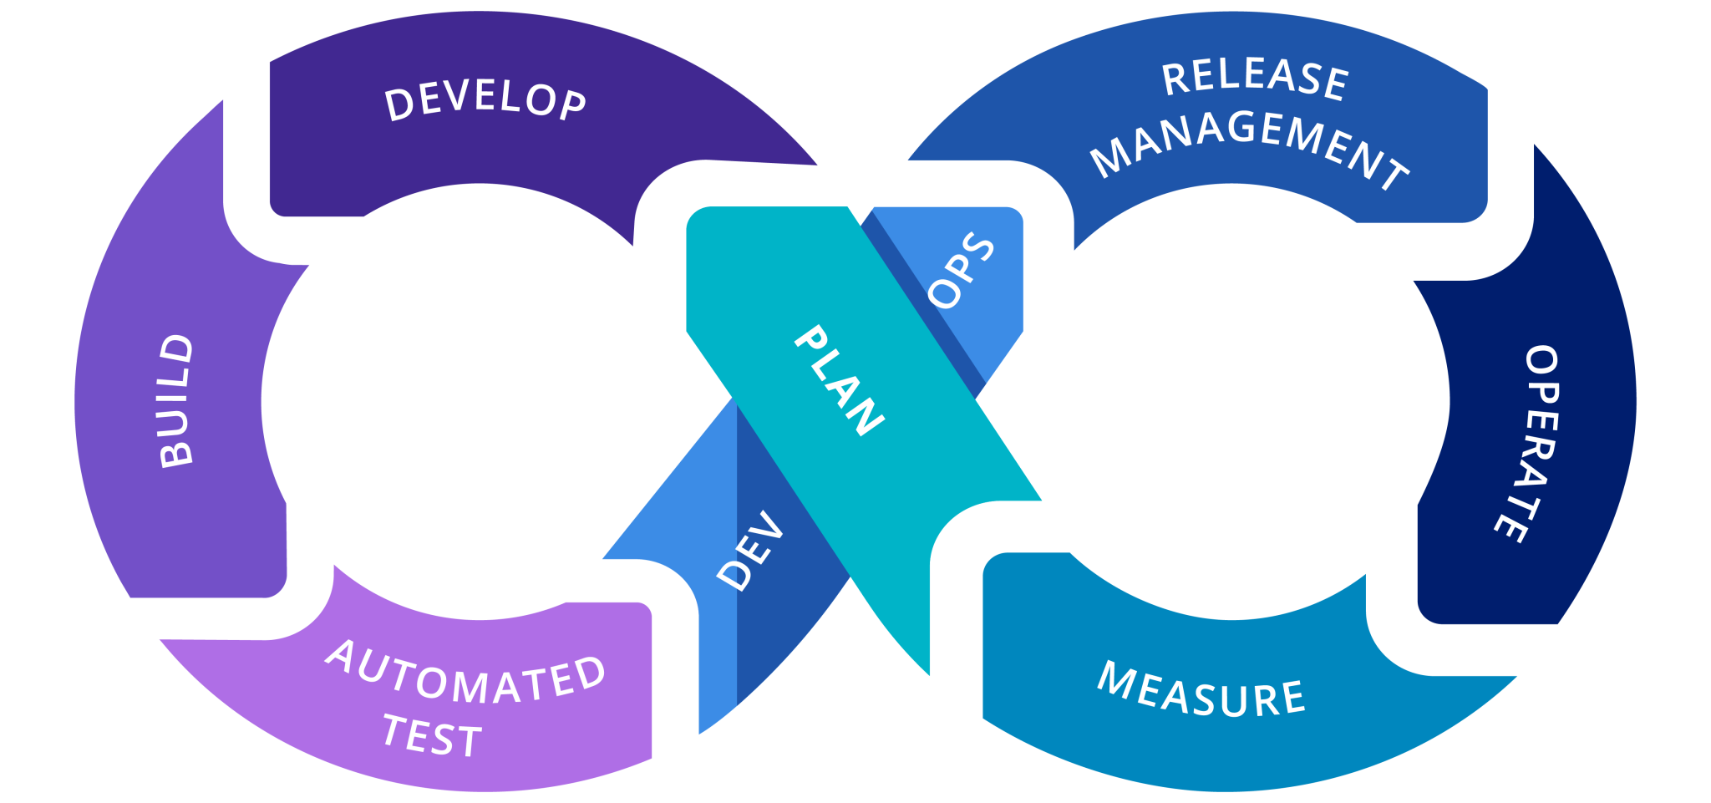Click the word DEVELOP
coord(485,102)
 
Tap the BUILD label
coord(176,400)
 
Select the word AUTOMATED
coord(465,674)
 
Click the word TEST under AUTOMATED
coord(432,736)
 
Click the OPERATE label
coord(1534,444)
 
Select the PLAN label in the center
coord(838,380)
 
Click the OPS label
coord(962,270)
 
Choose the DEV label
coord(750,551)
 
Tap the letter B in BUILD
coord(176,451)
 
